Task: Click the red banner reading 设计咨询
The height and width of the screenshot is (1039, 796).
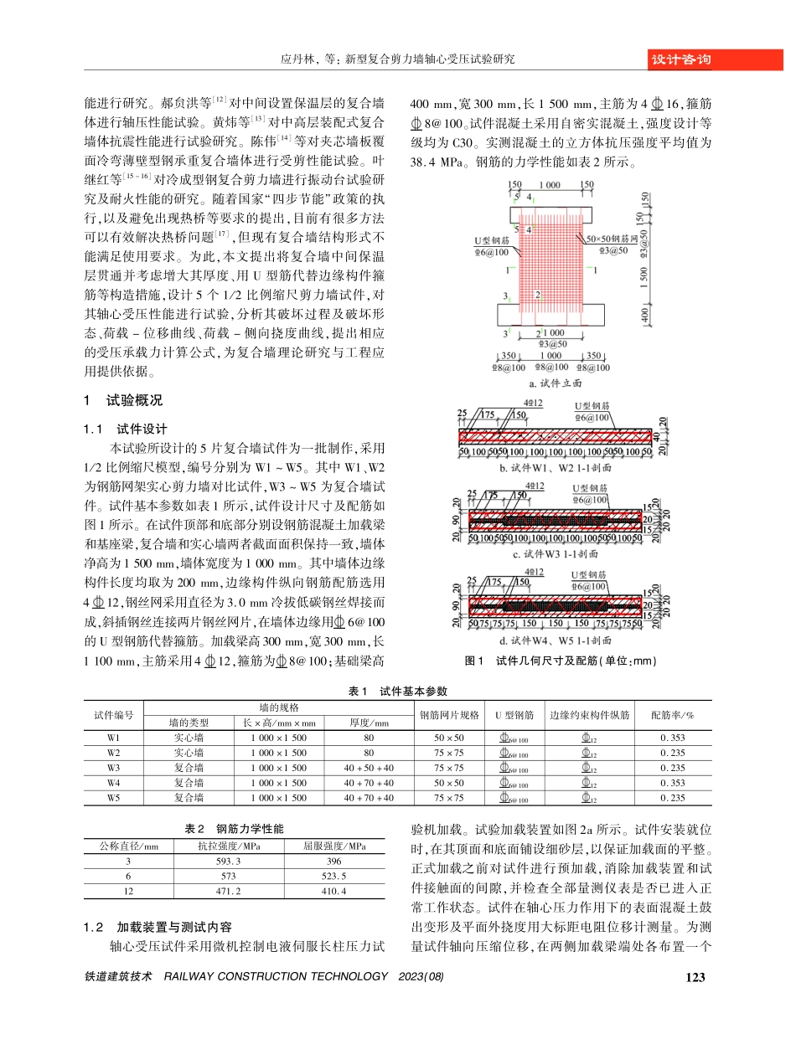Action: (x=680, y=59)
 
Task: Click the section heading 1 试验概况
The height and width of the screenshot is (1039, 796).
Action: (x=126, y=400)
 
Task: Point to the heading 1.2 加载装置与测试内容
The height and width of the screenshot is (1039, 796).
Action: (x=158, y=928)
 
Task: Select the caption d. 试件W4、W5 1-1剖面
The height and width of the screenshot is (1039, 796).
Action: (x=556, y=640)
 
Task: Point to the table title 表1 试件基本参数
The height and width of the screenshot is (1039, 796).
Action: (x=398, y=691)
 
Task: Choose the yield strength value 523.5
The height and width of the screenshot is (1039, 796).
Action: (x=333, y=877)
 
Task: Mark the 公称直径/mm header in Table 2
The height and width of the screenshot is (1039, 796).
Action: (x=128, y=846)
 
